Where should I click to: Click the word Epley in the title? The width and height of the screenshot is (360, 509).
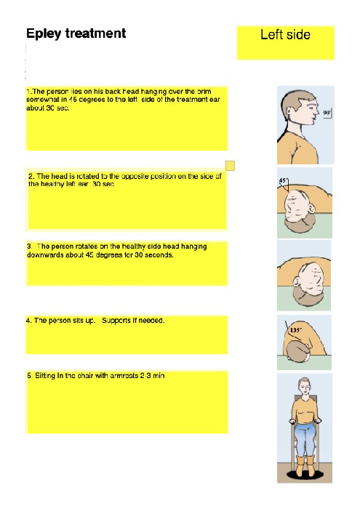click(x=42, y=34)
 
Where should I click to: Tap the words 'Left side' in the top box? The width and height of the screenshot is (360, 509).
click(x=285, y=35)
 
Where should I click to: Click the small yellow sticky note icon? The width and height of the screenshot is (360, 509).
click(x=231, y=167)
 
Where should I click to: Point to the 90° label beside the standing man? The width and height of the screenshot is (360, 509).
click(x=327, y=113)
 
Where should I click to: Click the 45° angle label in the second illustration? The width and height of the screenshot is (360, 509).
click(x=284, y=180)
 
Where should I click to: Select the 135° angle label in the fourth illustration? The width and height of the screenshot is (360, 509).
click(x=296, y=329)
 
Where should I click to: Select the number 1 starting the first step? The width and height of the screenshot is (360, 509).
click(x=28, y=92)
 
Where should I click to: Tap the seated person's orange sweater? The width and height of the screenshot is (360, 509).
click(x=305, y=412)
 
